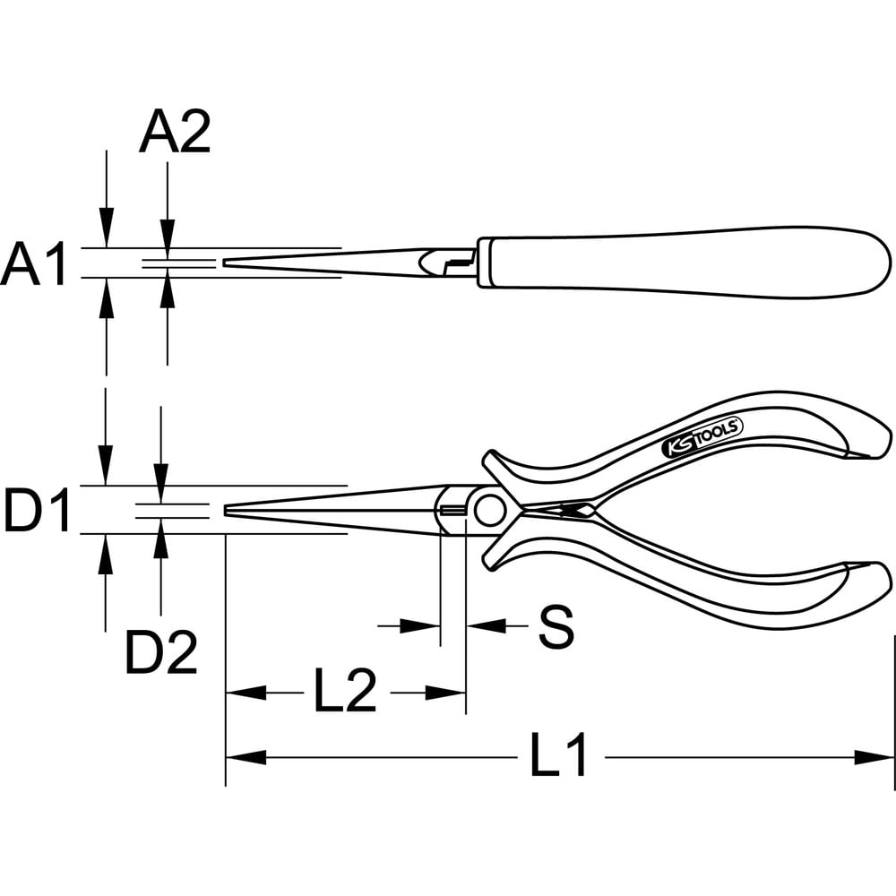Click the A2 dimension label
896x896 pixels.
pyautogui.click(x=175, y=132)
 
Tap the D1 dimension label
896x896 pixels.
pyautogui.click(x=37, y=510)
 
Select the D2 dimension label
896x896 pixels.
pyautogui.click(x=161, y=651)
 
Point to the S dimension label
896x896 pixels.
pyautogui.click(x=556, y=626)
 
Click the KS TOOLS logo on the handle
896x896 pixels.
pyautogui.click(x=702, y=436)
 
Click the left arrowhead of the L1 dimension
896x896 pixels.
pyautogui.click(x=246, y=758)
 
